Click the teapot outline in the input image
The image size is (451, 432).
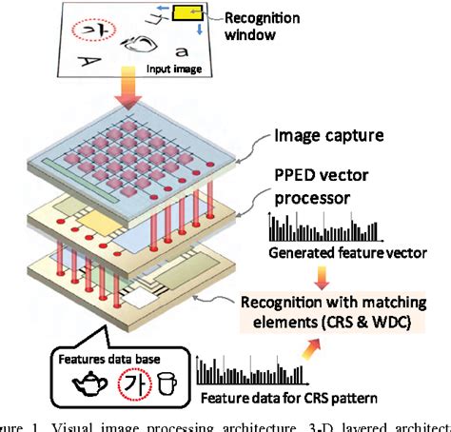pos(138,43)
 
